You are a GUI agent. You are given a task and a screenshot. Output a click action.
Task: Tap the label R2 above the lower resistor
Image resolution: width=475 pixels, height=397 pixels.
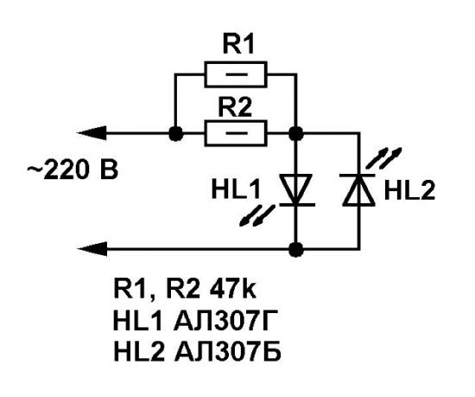(235, 107)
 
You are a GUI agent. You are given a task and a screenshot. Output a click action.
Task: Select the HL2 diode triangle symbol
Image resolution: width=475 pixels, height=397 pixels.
(359, 190)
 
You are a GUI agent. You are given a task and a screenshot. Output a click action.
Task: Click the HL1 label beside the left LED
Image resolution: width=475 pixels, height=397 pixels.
(236, 190)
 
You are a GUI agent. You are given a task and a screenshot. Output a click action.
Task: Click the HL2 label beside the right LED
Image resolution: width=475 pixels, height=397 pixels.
(409, 190)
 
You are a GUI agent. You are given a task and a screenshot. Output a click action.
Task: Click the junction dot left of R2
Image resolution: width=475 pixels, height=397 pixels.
(175, 133)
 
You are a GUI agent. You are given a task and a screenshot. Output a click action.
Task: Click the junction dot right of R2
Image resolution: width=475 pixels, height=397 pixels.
(295, 133)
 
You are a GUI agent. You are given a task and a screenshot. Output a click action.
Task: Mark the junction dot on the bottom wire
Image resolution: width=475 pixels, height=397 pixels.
(295, 249)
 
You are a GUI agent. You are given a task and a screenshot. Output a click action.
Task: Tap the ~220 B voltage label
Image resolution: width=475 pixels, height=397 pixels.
(73, 170)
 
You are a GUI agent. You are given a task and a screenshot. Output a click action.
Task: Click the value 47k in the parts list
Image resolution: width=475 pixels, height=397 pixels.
(232, 290)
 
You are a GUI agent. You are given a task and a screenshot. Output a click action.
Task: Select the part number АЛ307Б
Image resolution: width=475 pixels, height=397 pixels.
(228, 352)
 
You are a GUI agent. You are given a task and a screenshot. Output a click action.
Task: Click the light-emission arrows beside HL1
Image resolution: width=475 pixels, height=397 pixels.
(256, 215)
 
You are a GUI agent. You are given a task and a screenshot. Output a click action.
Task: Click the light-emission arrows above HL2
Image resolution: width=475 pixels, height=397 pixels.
(384, 157)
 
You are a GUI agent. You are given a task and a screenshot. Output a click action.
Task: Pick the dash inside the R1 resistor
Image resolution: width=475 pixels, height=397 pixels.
(237, 74)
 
